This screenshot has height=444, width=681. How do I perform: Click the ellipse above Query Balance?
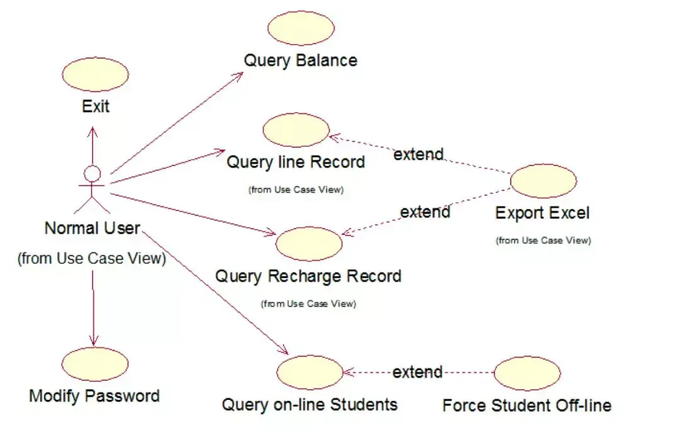301,28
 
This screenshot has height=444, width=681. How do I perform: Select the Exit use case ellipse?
95,75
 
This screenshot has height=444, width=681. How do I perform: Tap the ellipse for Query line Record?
296,130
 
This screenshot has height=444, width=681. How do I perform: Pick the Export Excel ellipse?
544,181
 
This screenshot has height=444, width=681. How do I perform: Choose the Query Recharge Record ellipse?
309,244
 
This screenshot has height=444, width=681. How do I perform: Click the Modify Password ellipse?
95,364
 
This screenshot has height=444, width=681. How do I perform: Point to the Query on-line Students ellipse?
310,372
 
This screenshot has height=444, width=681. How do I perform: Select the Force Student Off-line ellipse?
527,373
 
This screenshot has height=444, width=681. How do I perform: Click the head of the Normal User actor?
92,174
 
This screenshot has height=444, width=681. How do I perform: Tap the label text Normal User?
92,228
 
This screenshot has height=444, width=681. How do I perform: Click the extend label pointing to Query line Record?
419,154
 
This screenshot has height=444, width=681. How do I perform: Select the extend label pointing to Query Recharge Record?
425,212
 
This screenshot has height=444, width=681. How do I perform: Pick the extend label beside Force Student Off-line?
417,372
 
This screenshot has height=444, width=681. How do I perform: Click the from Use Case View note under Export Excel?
544,241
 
